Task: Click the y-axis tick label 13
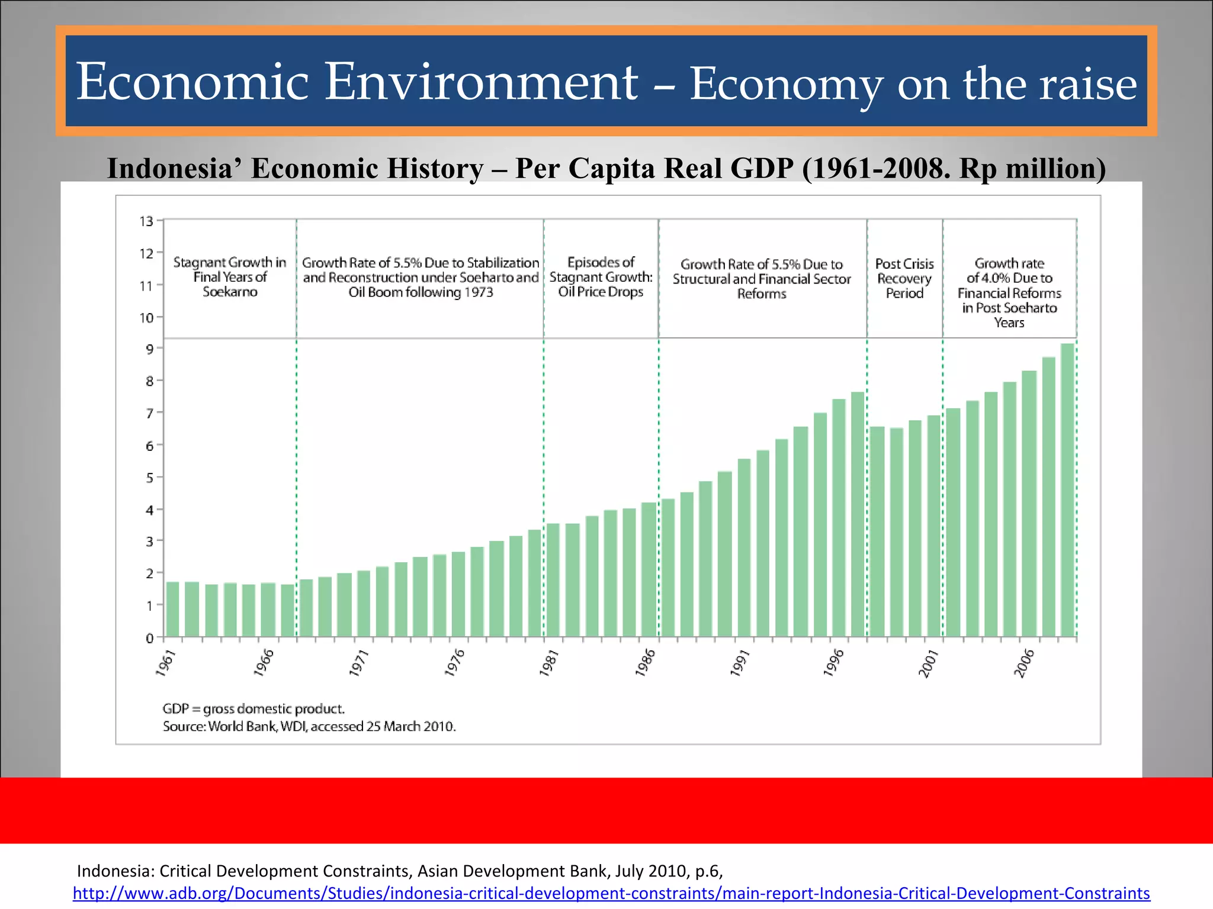(146, 221)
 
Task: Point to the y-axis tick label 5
(149, 478)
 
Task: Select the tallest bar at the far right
(1067, 491)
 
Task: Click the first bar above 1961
(172, 610)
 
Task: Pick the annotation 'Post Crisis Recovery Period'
(904, 278)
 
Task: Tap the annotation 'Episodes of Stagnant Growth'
(601, 277)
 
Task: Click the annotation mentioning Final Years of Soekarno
(230, 277)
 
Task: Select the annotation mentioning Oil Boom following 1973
(421, 278)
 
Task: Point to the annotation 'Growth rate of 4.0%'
(1009, 292)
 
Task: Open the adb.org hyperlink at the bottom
(611, 893)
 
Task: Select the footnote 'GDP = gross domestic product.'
(253, 709)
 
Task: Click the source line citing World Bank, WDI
(309, 727)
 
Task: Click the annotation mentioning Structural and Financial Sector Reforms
(762, 279)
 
